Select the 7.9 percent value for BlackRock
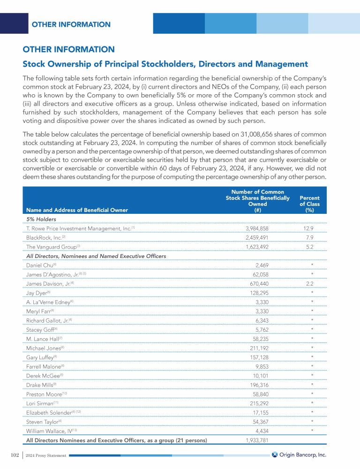(x=308, y=237)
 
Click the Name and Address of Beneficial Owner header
(x=77, y=210)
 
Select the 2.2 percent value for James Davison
(x=308, y=283)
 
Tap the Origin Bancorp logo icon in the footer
(x=275, y=454)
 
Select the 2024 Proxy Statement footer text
(x=46, y=455)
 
